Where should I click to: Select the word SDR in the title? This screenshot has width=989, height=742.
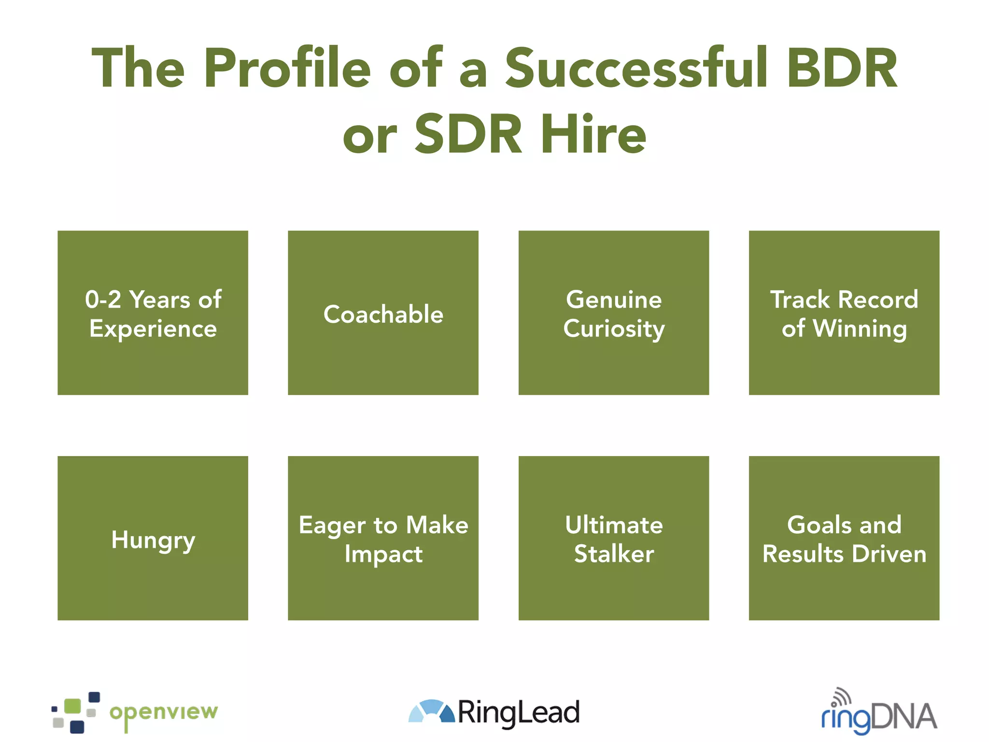coord(468,134)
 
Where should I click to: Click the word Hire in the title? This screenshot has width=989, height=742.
coord(593,134)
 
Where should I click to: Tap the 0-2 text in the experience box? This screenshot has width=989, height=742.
coord(103,300)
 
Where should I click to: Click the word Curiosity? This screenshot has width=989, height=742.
coord(614,329)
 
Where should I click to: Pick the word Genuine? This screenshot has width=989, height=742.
coord(614,300)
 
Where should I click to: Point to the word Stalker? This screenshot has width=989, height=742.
coord(614,554)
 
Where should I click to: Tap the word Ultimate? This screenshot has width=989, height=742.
coord(614,525)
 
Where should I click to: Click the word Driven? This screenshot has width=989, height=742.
coord(889,554)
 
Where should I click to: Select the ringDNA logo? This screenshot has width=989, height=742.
coord(879,714)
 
